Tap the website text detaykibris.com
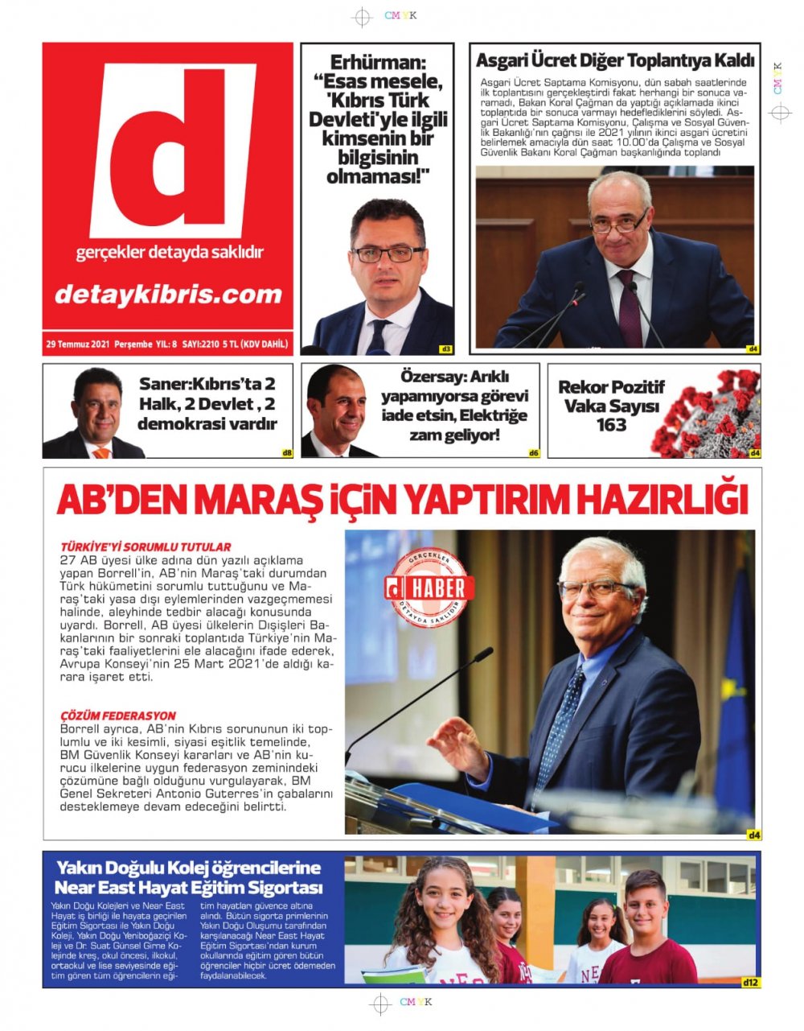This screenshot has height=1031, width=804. (168, 295)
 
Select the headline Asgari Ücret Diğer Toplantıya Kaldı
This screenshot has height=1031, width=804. (615, 61)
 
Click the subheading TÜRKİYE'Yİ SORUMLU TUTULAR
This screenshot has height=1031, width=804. (146, 546)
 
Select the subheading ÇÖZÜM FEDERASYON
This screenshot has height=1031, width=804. (118, 716)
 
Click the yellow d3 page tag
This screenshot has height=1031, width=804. (445, 349)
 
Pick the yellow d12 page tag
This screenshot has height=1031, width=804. (750, 982)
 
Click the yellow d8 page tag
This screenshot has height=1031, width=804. (287, 453)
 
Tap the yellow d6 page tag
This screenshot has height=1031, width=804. (534, 453)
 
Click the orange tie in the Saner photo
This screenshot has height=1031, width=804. (101, 452)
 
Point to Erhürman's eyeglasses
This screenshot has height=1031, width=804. (387, 254)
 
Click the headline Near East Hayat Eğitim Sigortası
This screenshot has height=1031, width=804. (188, 889)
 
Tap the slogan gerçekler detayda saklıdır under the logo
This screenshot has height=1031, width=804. (169, 253)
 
